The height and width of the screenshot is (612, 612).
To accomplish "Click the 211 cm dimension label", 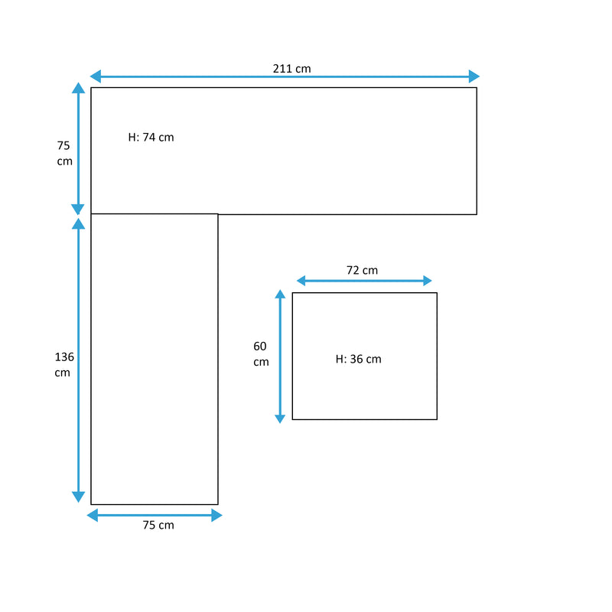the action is (291, 69).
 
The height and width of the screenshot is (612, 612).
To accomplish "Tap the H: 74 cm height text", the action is (151, 138).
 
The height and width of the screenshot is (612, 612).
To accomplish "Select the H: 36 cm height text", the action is (358, 359).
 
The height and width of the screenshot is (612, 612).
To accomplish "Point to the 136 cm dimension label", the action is (64, 365).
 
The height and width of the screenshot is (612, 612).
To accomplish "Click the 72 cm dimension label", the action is (362, 270).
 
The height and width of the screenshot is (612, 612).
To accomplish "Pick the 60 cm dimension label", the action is (261, 353).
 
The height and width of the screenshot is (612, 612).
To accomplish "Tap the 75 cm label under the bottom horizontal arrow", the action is (158, 525).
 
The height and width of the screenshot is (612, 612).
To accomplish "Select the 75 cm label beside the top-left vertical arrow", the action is (64, 154).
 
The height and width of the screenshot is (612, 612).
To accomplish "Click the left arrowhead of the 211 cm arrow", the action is (95, 76).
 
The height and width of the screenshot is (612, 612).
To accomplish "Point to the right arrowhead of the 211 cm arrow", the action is (474, 76).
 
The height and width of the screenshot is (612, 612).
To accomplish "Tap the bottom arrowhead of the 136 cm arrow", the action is (79, 496).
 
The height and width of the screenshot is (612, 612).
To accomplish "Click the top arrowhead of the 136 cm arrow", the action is (79, 223).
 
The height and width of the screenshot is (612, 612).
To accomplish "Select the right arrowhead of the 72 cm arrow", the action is (428, 281).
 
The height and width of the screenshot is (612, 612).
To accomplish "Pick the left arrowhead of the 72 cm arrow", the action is (301, 281).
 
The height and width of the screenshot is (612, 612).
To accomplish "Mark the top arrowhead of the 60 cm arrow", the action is (280, 294).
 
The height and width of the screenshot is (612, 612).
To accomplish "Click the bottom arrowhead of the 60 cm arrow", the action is (280, 419).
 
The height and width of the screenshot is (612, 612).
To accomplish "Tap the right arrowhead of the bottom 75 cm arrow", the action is (217, 515).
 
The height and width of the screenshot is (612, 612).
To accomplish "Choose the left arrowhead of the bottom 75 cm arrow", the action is (92, 515).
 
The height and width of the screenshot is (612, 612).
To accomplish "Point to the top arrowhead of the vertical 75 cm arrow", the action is (79, 88).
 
